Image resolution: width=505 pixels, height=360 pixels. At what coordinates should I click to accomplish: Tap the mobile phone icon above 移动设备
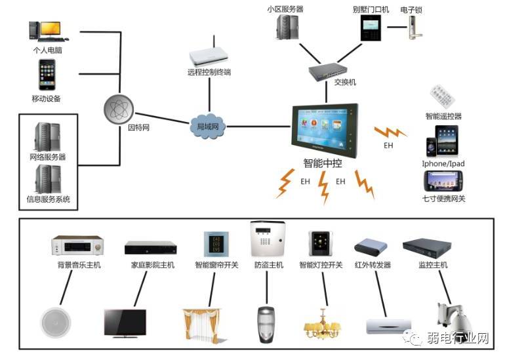pos(46,73)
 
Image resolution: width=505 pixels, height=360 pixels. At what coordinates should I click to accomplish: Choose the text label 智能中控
pos(324,164)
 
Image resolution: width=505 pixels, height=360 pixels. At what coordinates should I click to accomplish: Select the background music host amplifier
pos(77,246)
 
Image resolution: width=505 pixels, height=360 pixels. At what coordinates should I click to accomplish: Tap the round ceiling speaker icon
pos(55,322)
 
